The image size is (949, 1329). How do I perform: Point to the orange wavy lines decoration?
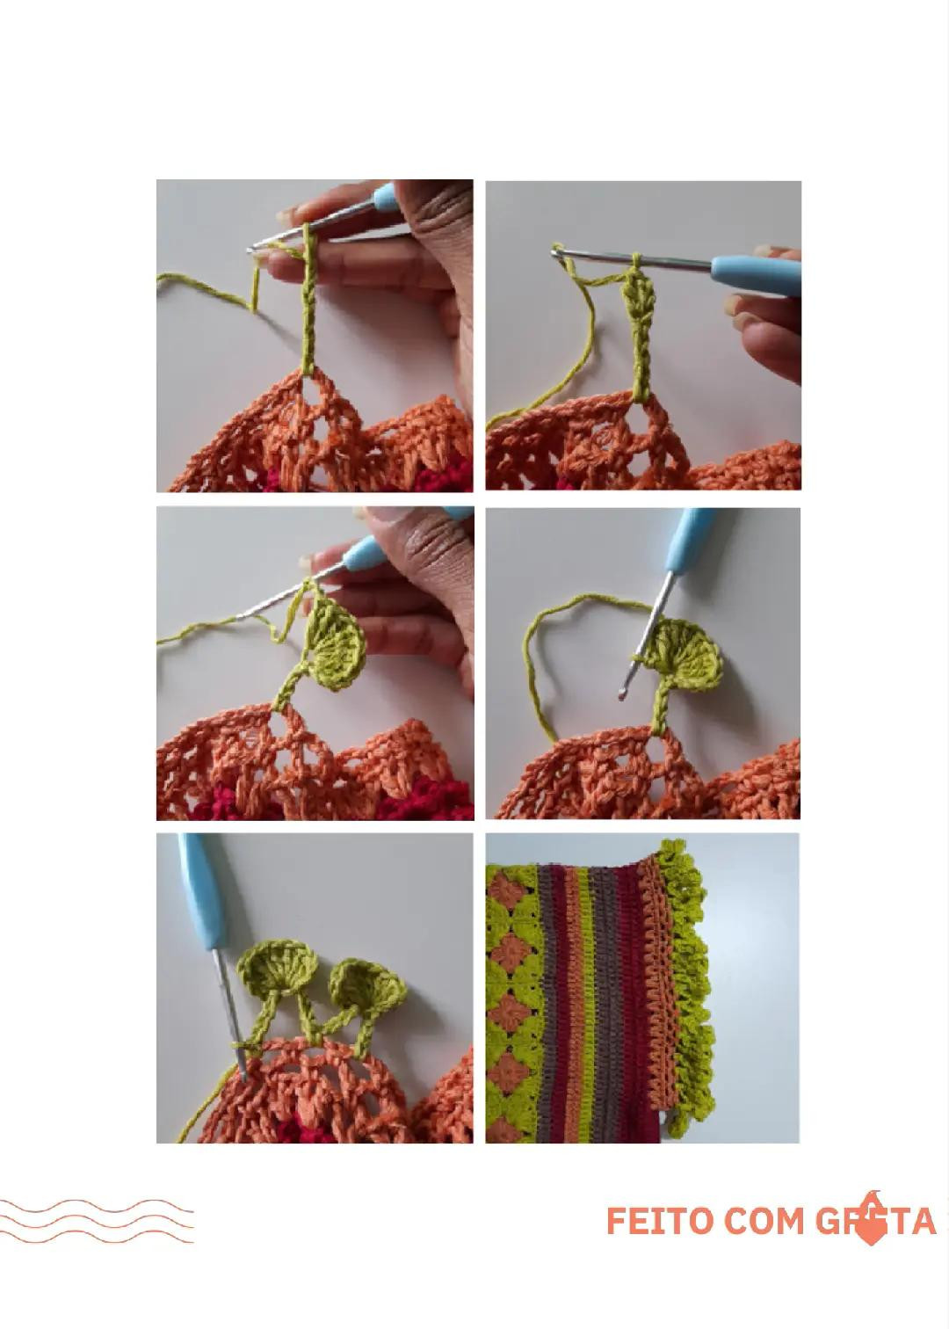point(97,1221)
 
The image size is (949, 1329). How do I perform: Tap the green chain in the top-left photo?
point(308,308)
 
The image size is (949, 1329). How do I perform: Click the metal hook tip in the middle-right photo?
point(623,694)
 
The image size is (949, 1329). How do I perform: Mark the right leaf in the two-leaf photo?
point(367,984)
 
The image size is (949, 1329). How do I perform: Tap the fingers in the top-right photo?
point(766,334)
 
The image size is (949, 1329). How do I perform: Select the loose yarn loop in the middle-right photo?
point(549,650)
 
